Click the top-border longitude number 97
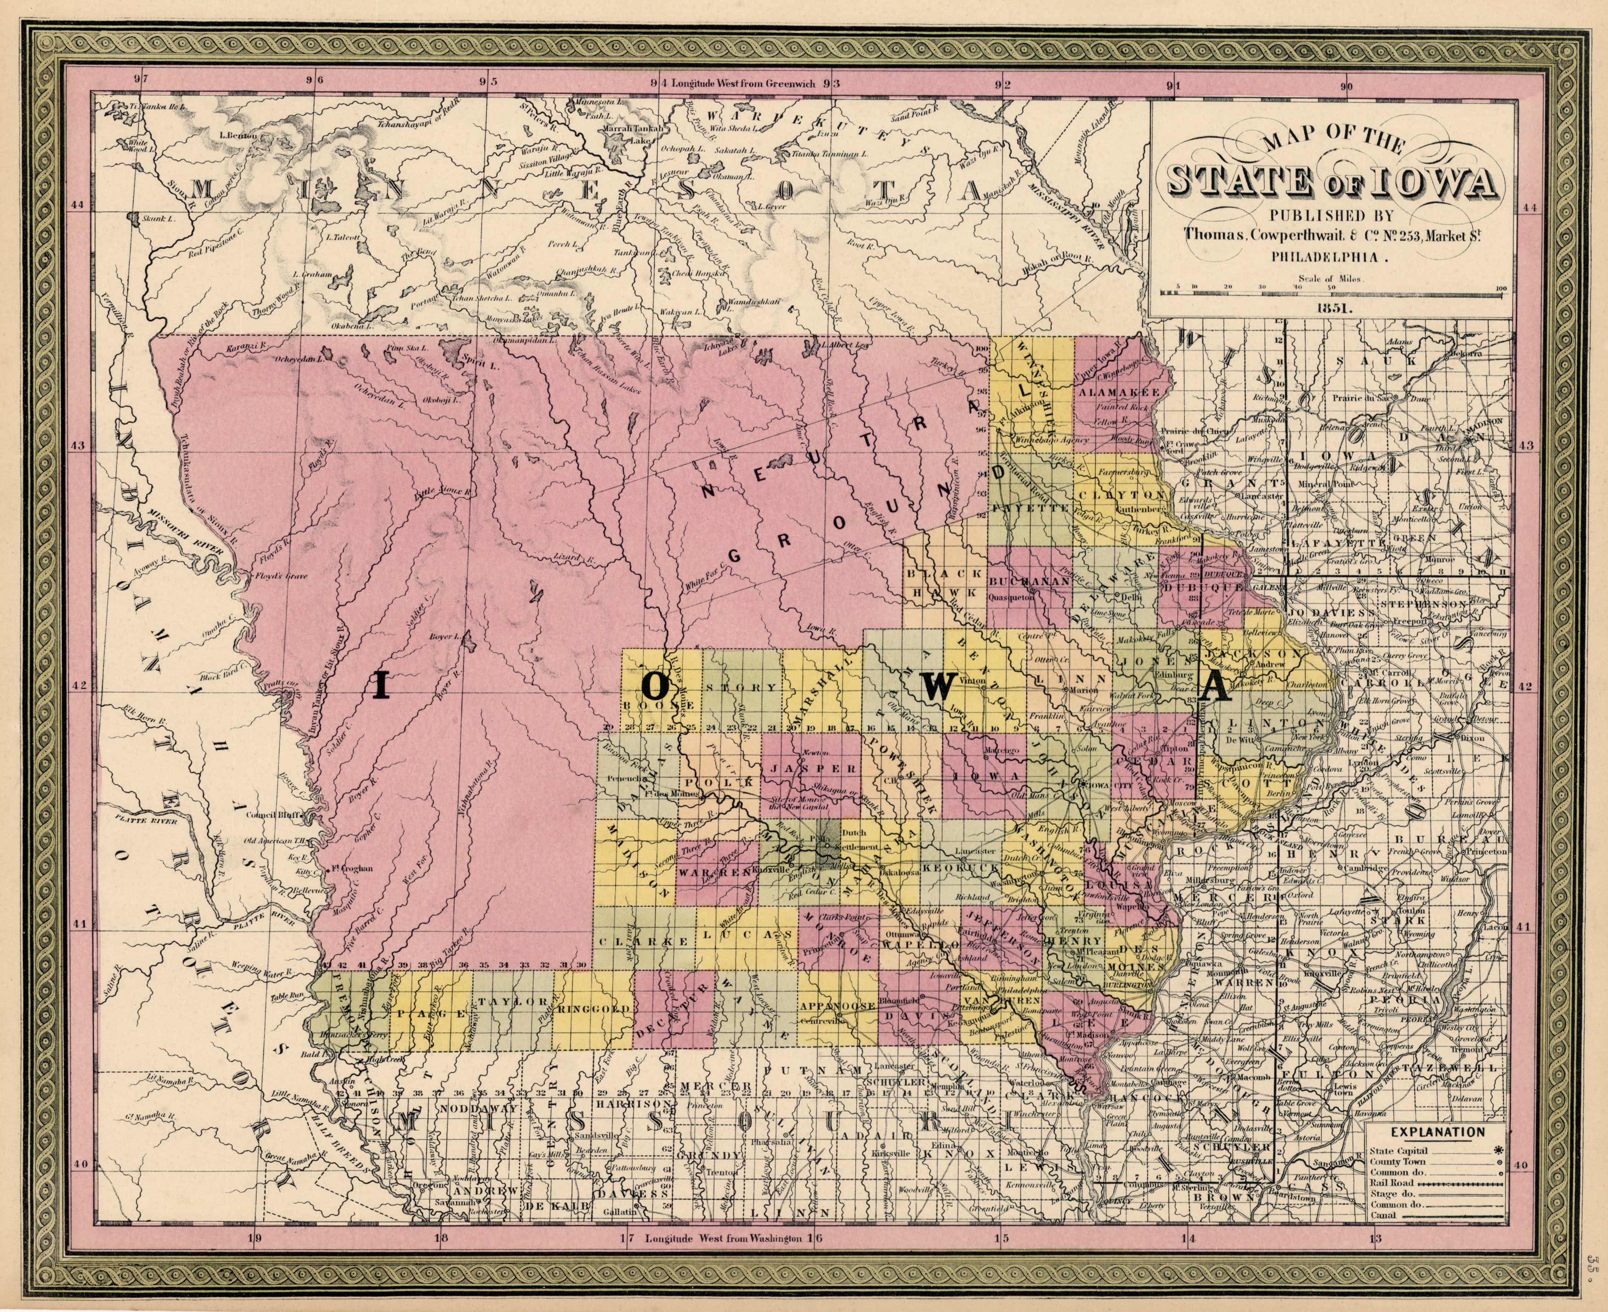pyautogui.click(x=140, y=79)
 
